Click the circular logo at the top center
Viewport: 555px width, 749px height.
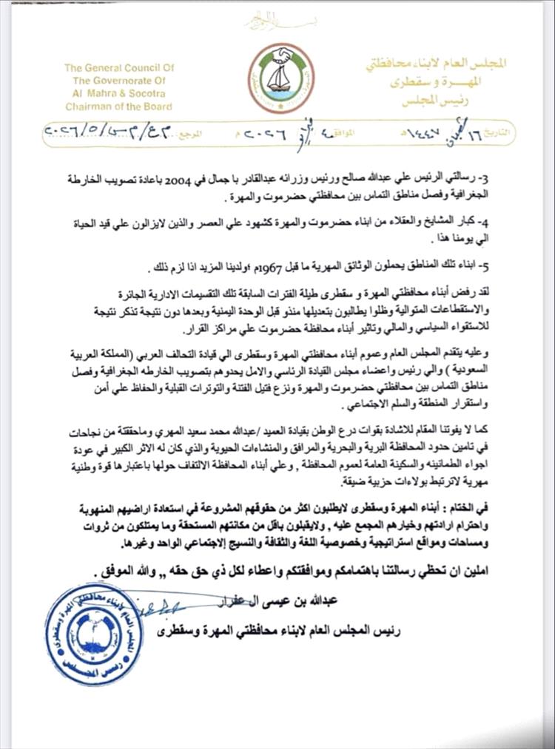click(280, 78)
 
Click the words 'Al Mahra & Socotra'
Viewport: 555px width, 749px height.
click(114, 94)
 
